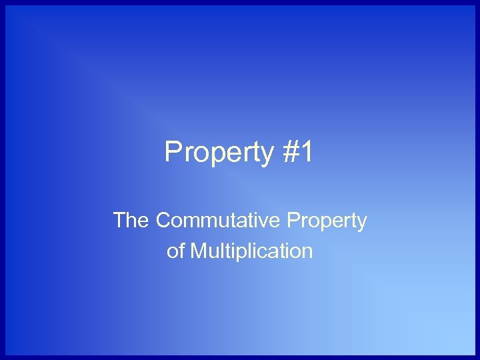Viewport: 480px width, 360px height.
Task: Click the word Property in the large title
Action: [x=219, y=153]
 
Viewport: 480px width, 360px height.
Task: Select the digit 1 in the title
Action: [x=306, y=153]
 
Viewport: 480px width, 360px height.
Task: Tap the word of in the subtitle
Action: [x=175, y=251]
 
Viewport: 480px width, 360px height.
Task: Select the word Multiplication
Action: [x=251, y=251]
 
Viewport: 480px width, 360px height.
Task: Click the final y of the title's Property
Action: [x=267, y=155]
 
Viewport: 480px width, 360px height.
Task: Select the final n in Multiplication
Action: [x=307, y=252]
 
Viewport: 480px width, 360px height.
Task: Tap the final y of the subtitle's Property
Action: [x=362, y=222]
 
